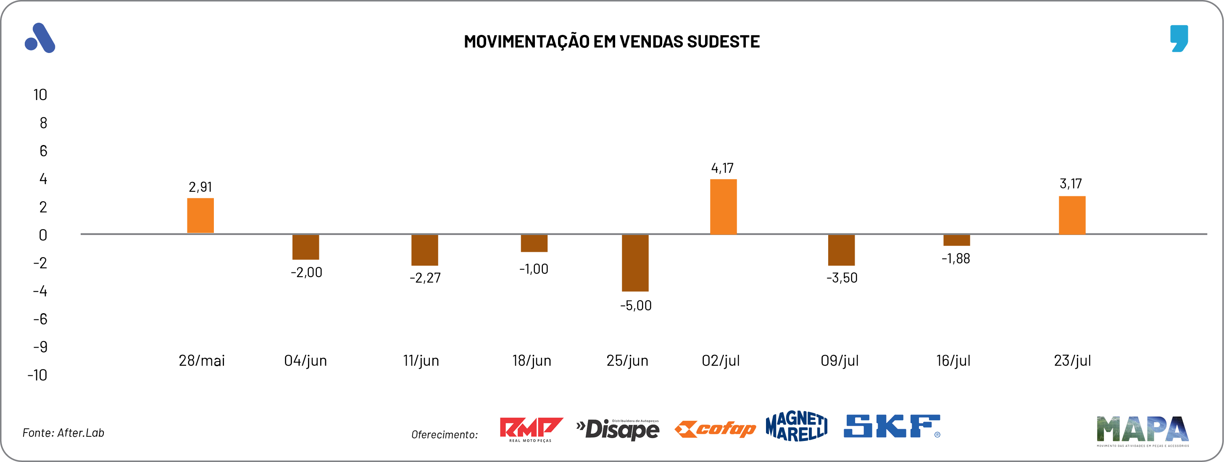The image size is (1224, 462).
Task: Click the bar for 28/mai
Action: tap(200, 215)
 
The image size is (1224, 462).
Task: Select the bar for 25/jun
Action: tap(635, 263)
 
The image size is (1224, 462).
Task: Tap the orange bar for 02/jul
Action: tap(723, 207)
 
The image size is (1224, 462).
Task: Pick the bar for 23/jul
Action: tap(1071, 215)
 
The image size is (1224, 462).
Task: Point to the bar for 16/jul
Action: tap(956, 240)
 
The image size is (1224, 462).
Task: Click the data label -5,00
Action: tap(636, 306)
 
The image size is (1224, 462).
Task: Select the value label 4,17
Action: tap(722, 168)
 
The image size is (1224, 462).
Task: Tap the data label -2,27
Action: tap(425, 278)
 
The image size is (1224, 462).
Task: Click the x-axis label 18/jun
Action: tap(531, 361)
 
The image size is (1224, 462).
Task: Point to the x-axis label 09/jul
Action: tap(839, 361)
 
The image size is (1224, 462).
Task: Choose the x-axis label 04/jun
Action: tap(305, 361)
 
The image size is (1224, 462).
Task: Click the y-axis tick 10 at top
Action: tap(40, 95)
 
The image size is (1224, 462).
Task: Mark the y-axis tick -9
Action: tap(40, 347)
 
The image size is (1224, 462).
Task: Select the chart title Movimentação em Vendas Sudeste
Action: tap(611, 42)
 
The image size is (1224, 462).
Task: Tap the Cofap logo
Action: tap(715, 429)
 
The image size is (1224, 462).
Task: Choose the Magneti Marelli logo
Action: tap(796, 426)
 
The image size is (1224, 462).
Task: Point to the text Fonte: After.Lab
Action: tap(63, 433)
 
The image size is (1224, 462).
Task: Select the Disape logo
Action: tap(617, 430)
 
